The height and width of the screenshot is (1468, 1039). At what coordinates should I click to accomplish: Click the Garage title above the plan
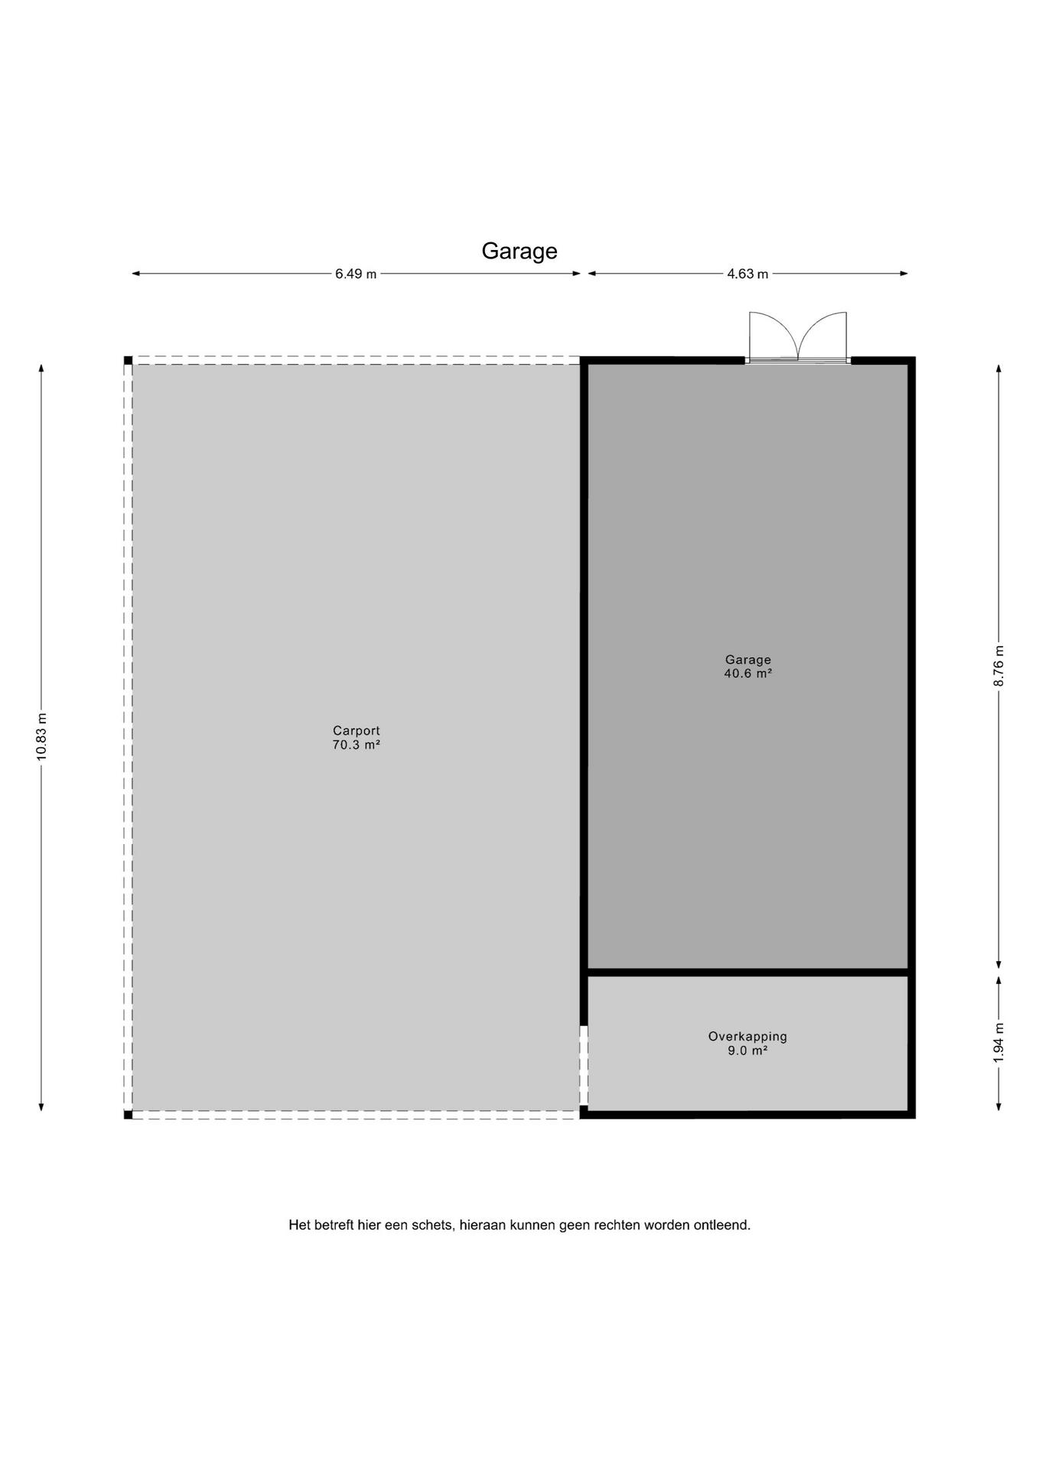[519, 252]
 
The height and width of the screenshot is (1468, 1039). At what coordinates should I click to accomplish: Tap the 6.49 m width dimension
[356, 274]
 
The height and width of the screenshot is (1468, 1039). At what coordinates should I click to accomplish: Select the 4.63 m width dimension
[747, 274]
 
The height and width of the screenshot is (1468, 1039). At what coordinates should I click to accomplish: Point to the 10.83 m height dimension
[41, 736]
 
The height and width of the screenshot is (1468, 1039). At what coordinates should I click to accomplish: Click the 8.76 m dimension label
[998, 667]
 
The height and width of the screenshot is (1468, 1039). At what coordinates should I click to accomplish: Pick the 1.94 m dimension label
[998, 1043]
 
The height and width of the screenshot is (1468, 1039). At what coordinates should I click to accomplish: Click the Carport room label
[357, 731]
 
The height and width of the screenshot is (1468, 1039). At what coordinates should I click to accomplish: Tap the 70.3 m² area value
[357, 745]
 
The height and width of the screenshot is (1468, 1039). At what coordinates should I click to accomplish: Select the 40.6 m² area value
[748, 674]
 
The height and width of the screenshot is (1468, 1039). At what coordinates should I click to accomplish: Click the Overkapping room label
[747, 1037]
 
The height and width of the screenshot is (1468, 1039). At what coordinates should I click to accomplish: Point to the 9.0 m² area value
[747, 1051]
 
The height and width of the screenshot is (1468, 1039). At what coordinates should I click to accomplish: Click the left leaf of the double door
[774, 336]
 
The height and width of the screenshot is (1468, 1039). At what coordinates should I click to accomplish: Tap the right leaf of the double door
[822, 336]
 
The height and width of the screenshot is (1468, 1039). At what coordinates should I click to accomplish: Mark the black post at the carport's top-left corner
[129, 360]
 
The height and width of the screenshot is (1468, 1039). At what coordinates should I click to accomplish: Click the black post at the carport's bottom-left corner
[129, 1115]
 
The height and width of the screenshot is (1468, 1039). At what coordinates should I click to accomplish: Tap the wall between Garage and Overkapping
[747, 973]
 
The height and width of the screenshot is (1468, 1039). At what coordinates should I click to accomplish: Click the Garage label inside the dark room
[748, 660]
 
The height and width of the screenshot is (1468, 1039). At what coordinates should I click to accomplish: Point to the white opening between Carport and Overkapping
[584, 1065]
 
